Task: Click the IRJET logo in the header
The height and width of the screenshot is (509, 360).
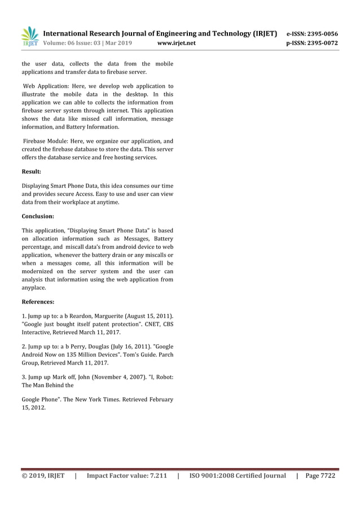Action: (29, 37)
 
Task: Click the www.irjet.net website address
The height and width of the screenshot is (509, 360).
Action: (176, 42)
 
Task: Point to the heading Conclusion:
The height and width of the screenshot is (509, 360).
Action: (38, 216)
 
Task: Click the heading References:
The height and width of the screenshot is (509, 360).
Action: (38, 302)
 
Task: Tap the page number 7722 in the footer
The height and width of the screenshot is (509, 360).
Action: (327, 476)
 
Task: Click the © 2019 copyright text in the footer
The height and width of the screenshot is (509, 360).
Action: (34, 476)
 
